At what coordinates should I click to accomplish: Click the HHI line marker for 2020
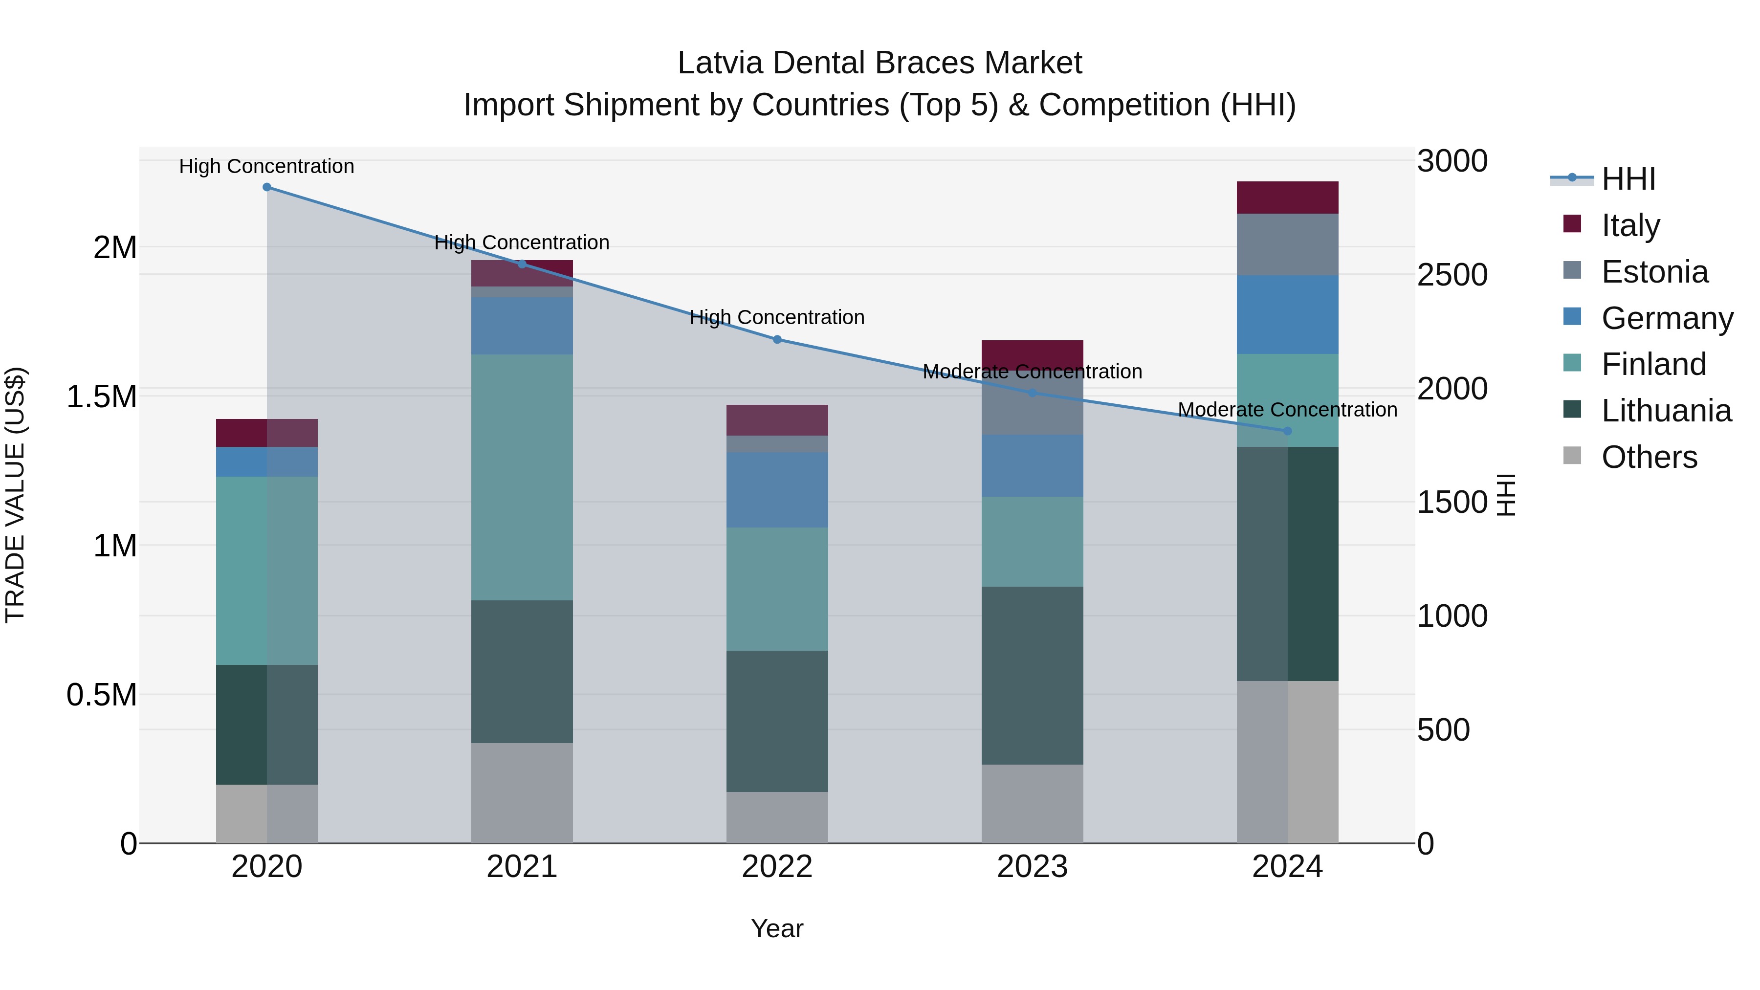(266, 187)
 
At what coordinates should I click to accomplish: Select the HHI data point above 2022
(777, 340)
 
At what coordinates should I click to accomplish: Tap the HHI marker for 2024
(1287, 431)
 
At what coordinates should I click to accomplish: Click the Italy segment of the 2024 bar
(1287, 198)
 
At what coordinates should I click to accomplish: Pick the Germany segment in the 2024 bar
(1287, 314)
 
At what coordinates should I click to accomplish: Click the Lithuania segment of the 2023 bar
(1033, 675)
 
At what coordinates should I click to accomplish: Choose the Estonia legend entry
(1654, 272)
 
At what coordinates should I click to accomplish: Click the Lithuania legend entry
(1666, 411)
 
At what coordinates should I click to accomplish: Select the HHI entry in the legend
(1628, 179)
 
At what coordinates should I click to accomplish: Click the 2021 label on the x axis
(522, 867)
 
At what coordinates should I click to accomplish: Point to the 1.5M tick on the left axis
(102, 397)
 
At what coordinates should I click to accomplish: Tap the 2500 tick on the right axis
(1452, 275)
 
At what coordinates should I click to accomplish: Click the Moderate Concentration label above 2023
(1033, 372)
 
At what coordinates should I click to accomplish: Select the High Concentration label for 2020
(266, 166)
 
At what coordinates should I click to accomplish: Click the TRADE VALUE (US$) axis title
(15, 495)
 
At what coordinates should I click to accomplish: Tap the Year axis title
(777, 928)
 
